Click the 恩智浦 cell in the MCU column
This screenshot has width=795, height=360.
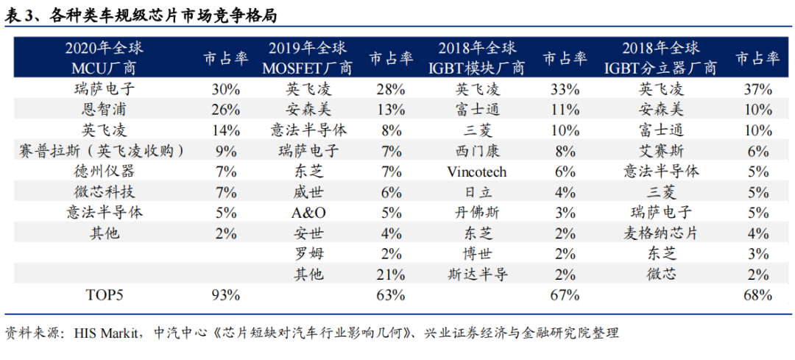point(104,110)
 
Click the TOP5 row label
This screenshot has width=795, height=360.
point(104,296)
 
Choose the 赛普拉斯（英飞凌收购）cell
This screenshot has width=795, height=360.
point(104,152)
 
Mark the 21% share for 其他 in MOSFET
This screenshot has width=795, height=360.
point(390,275)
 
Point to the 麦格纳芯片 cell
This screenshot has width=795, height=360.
point(660,234)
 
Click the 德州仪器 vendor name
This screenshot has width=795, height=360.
point(104,172)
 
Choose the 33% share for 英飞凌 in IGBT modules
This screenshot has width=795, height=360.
point(564,90)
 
